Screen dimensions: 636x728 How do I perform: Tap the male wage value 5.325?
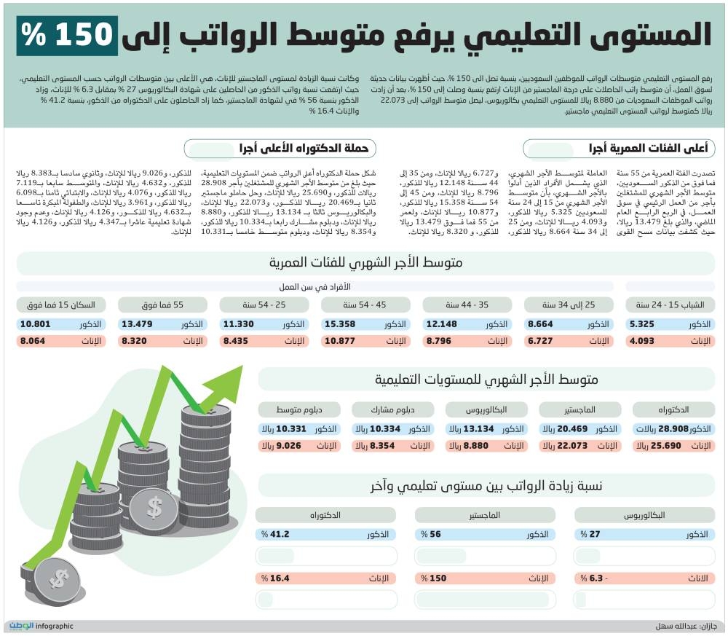point(642,324)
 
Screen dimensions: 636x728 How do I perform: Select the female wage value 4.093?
point(642,340)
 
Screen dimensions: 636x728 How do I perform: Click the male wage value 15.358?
point(339,324)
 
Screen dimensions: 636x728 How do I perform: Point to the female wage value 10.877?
point(339,340)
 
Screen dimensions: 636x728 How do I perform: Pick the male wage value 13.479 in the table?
point(136,324)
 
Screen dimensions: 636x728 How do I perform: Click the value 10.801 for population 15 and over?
point(35,324)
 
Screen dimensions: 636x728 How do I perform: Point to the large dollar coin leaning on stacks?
point(154,506)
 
